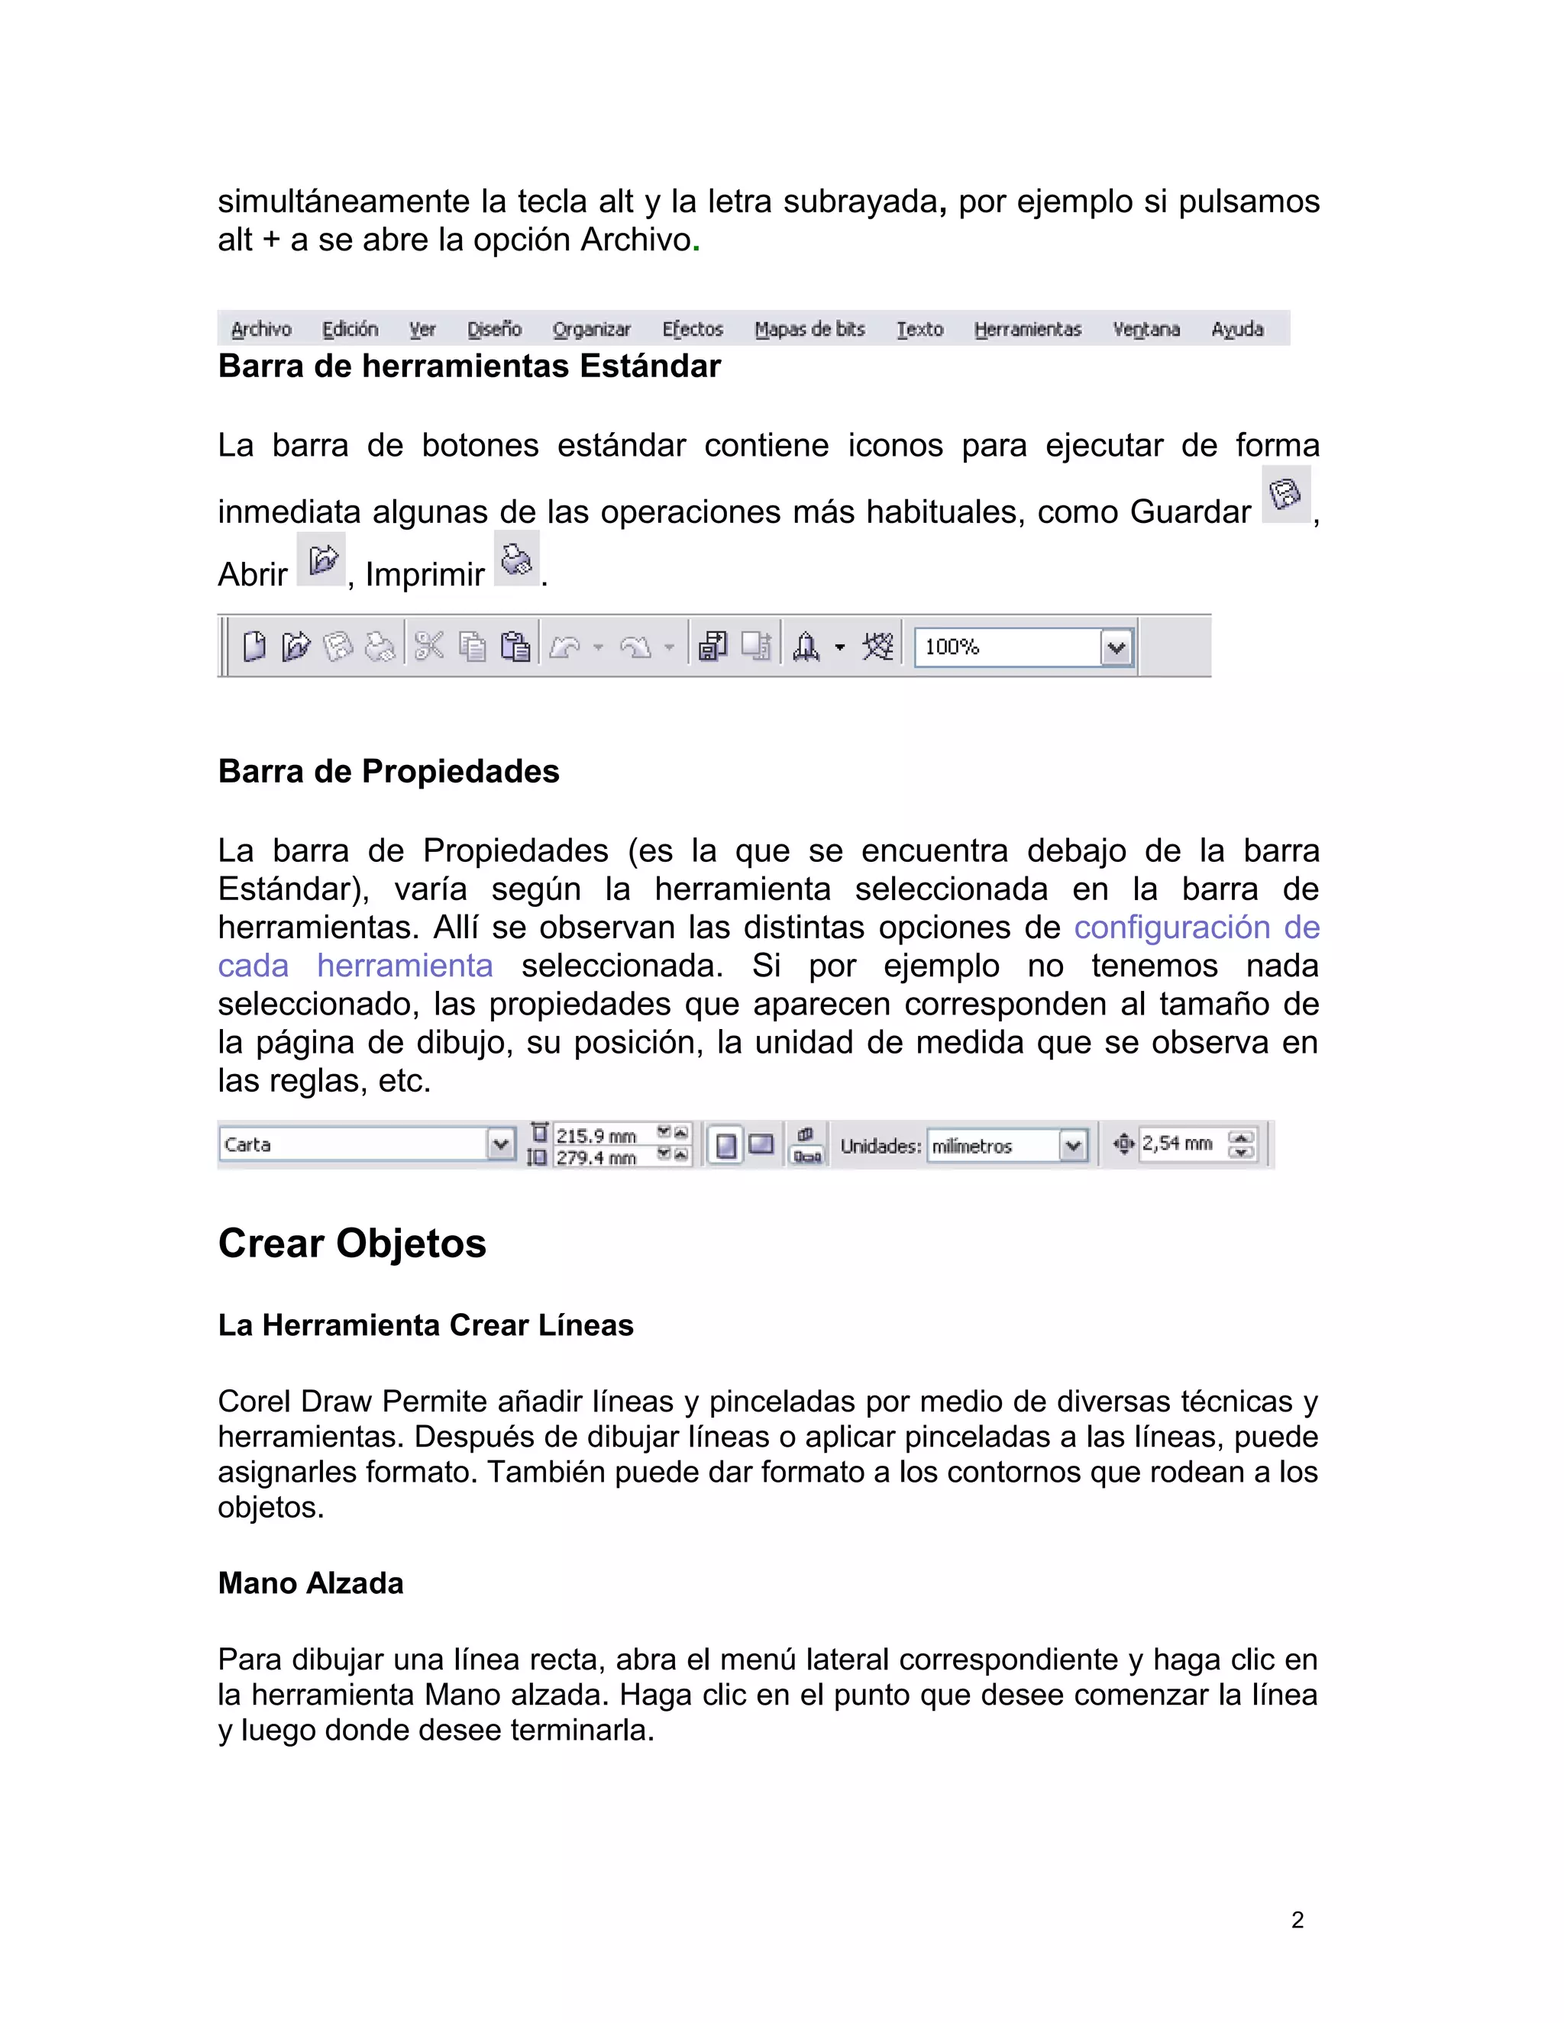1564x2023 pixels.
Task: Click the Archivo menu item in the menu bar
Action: [x=260, y=329]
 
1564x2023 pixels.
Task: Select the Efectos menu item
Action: [x=692, y=329]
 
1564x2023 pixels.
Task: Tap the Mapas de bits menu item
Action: [x=809, y=329]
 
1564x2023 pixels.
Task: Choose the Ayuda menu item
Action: [x=1237, y=329]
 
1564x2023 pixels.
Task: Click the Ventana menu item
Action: [x=1146, y=329]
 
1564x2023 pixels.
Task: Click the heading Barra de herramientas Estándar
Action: [x=469, y=366]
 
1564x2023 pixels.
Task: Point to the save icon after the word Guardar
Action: [x=1285, y=495]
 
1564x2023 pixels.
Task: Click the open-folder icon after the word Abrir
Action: [x=322, y=560]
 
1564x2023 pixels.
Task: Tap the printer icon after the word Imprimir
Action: [x=516, y=560]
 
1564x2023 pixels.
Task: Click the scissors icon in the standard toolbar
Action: [x=429, y=646]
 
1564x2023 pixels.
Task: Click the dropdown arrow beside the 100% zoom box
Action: [x=1116, y=647]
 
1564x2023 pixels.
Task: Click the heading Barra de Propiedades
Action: [x=388, y=772]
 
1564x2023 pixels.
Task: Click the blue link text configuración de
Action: [x=1196, y=928]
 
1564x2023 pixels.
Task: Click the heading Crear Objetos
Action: [x=352, y=1243]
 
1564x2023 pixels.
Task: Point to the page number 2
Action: [x=1297, y=1920]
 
